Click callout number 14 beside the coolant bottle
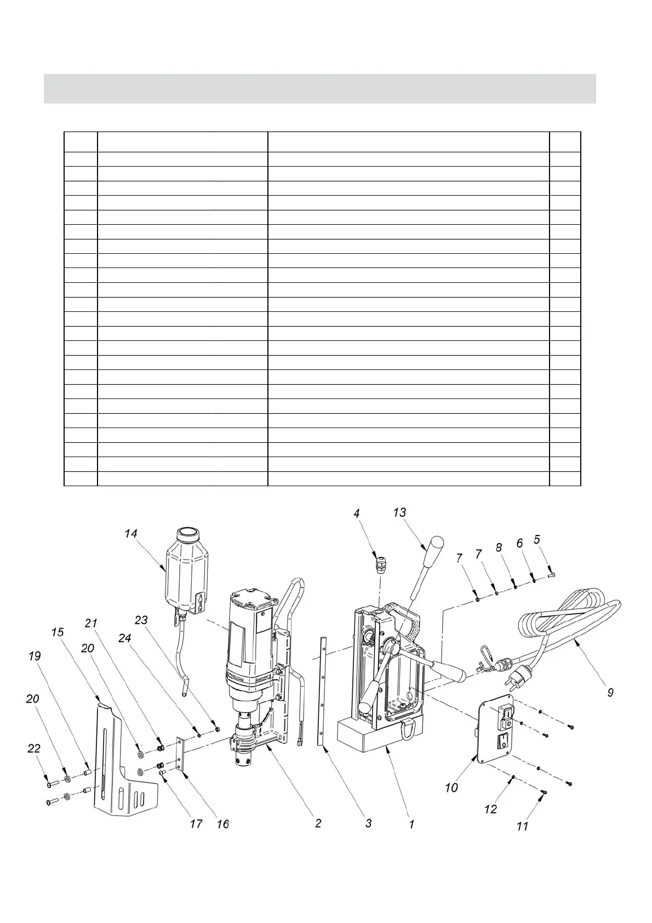click(x=130, y=533)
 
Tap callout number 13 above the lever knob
click(x=400, y=512)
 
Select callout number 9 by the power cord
click(x=610, y=692)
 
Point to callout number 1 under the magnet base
click(x=411, y=823)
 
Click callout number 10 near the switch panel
click(x=451, y=788)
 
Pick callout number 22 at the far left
click(x=34, y=749)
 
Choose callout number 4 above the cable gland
click(x=357, y=514)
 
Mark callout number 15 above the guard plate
click(x=57, y=632)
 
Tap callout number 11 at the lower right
click(x=523, y=825)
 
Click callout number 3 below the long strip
click(x=369, y=823)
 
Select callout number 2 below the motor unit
click(x=318, y=823)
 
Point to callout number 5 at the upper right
click(x=537, y=539)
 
